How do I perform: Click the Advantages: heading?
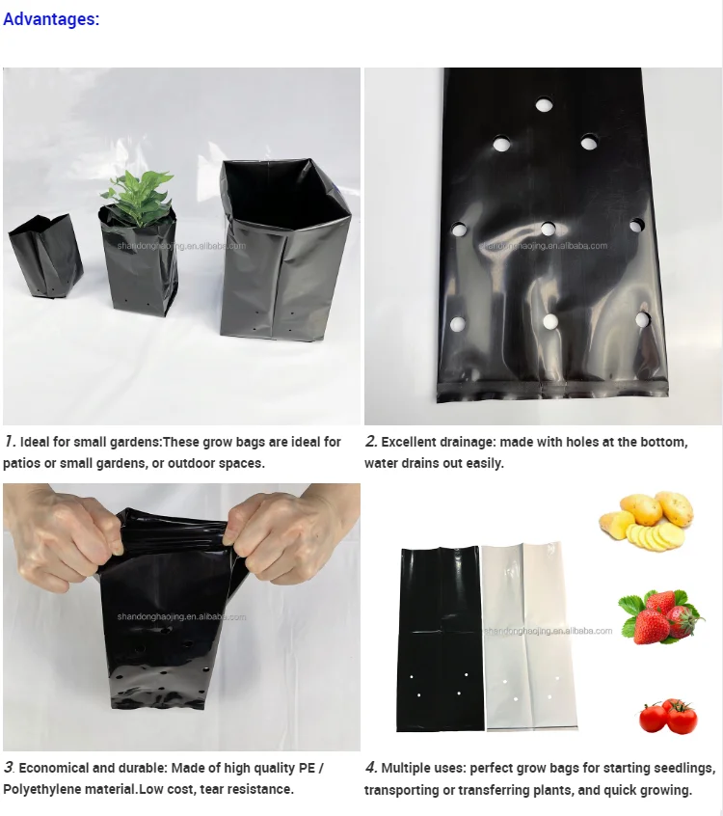coord(51,18)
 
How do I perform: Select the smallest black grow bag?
coord(44,255)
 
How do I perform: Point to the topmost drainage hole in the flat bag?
coord(544,104)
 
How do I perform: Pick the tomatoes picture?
coord(667,716)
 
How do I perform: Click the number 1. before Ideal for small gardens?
coord(10,442)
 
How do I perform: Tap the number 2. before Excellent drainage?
coord(371,442)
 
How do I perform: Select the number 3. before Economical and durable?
coord(9,768)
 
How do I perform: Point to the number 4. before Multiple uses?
coord(371,768)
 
